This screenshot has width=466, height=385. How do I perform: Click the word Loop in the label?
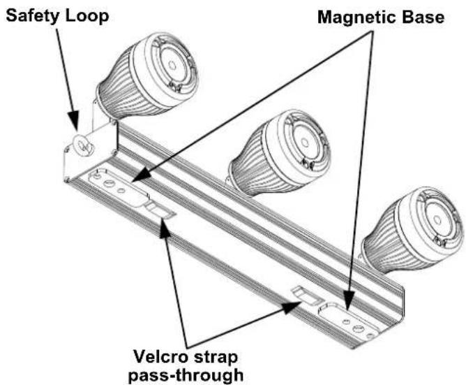pyautogui.click(x=87, y=15)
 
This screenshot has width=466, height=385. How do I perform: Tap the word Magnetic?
pyautogui.click(x=358, y=17)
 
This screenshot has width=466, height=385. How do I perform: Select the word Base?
pyautogui.click(x=423, y=17)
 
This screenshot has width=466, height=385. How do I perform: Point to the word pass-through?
pyautogui.click(x=186, y=375)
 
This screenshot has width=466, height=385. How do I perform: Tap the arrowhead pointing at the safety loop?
pyautogui.click(x=73, y=121)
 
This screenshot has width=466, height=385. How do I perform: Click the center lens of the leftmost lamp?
pyautogui.click(x=172, y=64)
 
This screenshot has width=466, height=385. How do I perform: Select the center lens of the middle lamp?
pyautogui.click(x=305, y=143)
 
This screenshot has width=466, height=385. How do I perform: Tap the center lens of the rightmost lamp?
pyautogui.click(x=437, y=220)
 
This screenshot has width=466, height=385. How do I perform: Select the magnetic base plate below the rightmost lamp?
pyautogui.click(x=350, y=322)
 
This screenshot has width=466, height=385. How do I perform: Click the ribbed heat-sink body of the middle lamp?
pyautogui.click(x=251, y=162)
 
